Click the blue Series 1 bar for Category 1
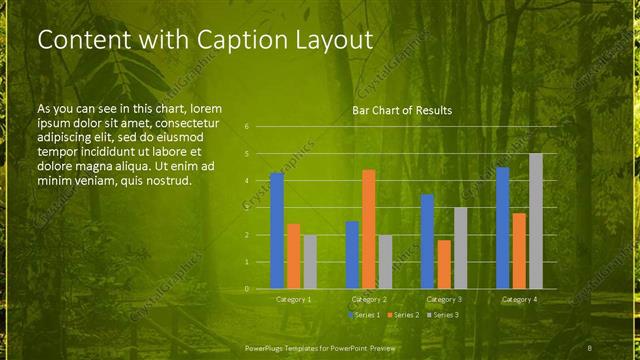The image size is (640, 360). (277, 231)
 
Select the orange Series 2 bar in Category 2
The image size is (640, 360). (368, 229)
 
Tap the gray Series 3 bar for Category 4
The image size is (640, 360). (536, 221)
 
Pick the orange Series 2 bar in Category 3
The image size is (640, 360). (444, 264)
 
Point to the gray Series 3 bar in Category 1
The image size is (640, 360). (310, 262)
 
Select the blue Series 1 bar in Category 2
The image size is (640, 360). (352, 255)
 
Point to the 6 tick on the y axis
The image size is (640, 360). (246, 127)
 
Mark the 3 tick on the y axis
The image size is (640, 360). (246, 208)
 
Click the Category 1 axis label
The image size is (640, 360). (293, 299)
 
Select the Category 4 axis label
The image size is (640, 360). (519, 299)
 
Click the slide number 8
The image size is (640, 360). (590, 346)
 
